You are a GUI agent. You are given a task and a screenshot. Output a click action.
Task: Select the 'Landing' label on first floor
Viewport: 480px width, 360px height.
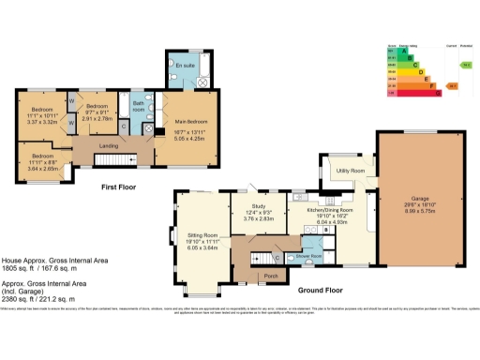point(108,144)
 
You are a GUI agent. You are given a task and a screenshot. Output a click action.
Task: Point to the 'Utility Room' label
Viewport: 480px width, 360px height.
point(351,172)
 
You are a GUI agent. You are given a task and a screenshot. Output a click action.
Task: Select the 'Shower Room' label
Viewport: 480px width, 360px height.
point(309,256)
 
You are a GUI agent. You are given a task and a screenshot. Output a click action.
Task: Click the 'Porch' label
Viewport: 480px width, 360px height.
point(272,276)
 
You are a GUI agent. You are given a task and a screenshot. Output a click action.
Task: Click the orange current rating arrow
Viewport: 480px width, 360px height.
point(451,85)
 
